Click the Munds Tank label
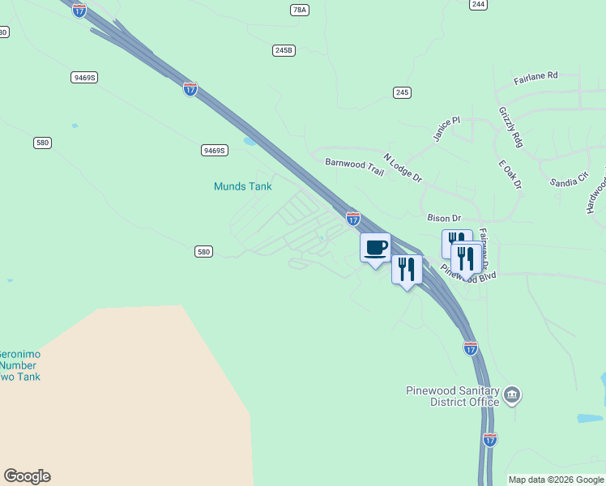(242, 186)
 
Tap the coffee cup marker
(375, 248)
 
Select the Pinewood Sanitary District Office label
(453, 396)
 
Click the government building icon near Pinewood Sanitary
(511, 395)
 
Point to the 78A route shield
(299, 10)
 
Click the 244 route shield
(478, 4)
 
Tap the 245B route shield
(283, 50)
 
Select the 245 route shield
(402, 92)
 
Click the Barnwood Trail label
(353, 162)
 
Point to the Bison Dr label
(443, 218)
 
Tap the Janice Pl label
(446, 130)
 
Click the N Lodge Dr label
(403, 167)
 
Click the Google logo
(27, 476)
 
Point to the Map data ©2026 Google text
(556, 480)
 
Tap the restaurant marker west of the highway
(407, 269)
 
